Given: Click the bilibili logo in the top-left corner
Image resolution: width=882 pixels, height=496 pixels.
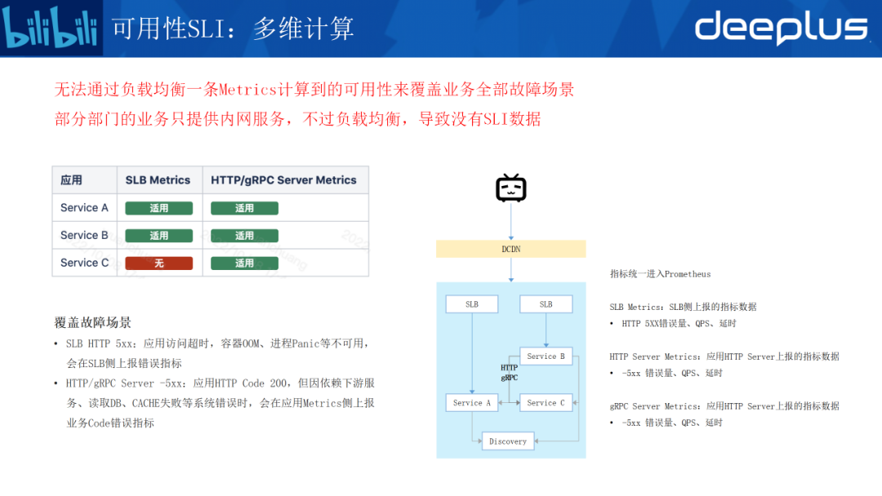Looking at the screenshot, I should point(51,29).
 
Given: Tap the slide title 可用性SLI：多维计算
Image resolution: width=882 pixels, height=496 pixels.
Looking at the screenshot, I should point(233,29).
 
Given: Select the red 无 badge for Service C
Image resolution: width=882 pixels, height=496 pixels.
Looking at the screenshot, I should point(158,263).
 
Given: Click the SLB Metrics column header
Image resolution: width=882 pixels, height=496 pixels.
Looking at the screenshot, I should point(158,180).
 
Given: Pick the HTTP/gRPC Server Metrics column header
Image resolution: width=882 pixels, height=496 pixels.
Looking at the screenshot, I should point(283,180).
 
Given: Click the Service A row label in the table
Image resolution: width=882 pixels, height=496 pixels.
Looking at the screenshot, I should point(84,208).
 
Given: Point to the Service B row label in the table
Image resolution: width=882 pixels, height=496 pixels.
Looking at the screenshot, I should point(84,236).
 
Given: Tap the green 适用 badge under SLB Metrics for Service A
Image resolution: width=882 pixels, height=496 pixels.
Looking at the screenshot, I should point(158,209).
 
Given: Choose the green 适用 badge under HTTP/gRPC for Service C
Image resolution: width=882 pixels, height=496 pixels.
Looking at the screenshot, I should point(244,263).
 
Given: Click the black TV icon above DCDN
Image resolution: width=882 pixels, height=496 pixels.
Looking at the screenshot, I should point(511,188).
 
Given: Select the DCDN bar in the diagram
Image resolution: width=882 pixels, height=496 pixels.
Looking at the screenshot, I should point(511,249).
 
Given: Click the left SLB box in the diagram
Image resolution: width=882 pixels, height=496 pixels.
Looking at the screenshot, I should point(472,304).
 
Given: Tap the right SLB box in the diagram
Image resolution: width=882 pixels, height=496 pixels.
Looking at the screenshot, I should point(546,304).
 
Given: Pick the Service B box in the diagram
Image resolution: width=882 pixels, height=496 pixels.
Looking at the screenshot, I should point(546,356).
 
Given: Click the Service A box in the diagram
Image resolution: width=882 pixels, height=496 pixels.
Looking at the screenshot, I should point(472,402).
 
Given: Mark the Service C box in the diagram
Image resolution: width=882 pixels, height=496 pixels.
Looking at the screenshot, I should point(546,402).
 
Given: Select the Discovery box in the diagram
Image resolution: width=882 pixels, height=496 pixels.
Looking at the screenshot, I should point(508,441).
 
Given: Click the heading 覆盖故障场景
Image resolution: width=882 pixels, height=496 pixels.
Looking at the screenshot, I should point(93,322).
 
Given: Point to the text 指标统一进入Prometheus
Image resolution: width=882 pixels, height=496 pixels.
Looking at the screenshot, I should point(660,274).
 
